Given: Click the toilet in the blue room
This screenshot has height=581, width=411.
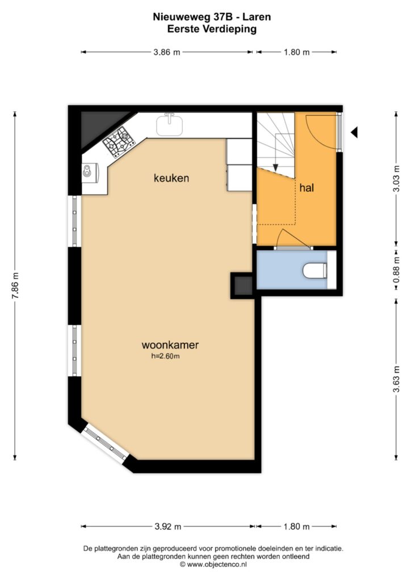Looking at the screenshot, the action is (x=315, y=271).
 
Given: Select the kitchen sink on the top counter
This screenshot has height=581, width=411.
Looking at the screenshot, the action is (x=169, y=125).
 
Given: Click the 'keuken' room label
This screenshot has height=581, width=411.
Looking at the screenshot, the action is (x=171, y=178).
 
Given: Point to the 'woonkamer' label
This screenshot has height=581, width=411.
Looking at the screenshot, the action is (x=170, y=345).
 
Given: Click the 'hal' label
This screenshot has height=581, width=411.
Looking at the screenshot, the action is (x=307, y=188).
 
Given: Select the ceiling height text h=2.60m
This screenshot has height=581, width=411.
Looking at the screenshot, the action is (x=165, y=356).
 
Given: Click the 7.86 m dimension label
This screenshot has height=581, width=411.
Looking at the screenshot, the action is (x=15, y=286).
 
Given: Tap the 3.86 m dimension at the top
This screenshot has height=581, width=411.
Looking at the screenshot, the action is (x=167, y=52).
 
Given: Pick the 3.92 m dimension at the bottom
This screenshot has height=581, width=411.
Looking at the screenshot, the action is (x=168, y=527).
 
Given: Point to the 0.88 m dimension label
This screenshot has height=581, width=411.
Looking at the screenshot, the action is (x=397, y=270).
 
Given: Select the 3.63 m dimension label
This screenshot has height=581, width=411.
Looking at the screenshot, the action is (x=397, y=379).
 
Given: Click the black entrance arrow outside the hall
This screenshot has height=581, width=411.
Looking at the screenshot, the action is (x=354, y=132).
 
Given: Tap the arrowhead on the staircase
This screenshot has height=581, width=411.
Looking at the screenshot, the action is (x=275, y=167).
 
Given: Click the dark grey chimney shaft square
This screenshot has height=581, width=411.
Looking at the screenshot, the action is (x=244, y=285).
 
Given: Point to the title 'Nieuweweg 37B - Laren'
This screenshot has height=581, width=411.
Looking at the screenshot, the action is (x=212, y=16).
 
